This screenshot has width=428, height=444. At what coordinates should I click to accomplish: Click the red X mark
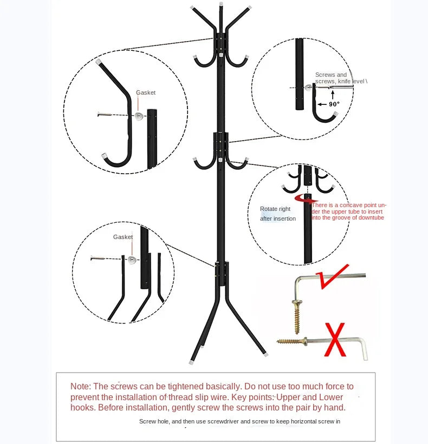(335, 339)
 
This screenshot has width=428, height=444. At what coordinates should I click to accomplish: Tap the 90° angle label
(334, 104)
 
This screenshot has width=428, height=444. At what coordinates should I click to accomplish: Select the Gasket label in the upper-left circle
(146, 92)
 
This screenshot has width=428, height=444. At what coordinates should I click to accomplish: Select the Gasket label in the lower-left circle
(123, 237)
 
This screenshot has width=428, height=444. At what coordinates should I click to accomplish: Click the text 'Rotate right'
(275, 209)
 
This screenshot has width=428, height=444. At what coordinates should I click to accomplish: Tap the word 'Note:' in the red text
(81, 386)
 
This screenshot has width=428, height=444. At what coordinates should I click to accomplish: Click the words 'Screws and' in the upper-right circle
(331, 75)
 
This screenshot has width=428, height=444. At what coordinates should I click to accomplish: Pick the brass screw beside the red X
(291, 341)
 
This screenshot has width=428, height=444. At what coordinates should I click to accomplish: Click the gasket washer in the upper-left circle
(139, 116)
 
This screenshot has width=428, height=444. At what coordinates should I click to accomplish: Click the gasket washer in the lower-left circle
(132, 260)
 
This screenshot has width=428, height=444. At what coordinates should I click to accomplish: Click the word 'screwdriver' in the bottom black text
(221, 421)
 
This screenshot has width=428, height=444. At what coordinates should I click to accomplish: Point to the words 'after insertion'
(278, 218)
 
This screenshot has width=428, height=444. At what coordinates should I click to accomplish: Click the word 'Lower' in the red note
(331, 397)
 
